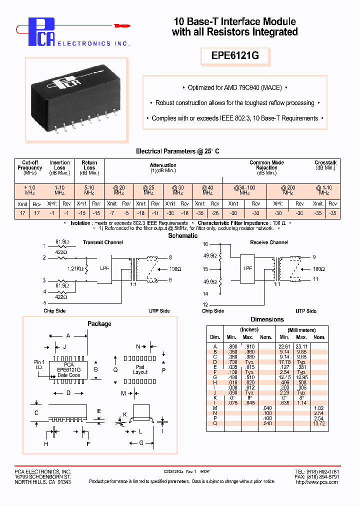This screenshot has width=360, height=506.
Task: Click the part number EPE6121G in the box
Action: [x=235, y=56]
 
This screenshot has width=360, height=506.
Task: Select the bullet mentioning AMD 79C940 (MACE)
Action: [x=234, y=87]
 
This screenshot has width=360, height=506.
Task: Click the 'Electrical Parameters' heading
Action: [x=177, y=151]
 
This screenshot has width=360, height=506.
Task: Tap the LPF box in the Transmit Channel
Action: [x=104, y=268]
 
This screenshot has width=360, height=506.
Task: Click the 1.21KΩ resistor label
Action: [x=73, y=268]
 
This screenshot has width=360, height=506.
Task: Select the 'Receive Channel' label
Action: [x=269, y=242]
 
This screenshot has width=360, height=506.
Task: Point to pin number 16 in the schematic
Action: [x=205, y=244]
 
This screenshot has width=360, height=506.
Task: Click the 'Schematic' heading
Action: [x=182, y=236]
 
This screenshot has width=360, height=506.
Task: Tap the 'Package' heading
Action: [x=99, y=323]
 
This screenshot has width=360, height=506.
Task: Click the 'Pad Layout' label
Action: [x=140, y=369]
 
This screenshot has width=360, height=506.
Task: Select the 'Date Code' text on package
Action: [x=68, y=375]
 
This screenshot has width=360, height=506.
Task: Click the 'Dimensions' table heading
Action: [x=267, y=319]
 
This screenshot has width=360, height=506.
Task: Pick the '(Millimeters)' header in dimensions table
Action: [x=301, y=330]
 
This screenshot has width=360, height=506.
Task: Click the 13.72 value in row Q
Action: [x=318, y=423]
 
